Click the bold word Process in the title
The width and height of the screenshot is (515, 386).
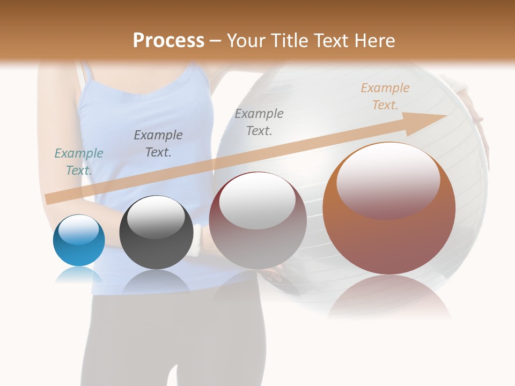168,41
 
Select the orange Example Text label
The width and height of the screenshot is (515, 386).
385,96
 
